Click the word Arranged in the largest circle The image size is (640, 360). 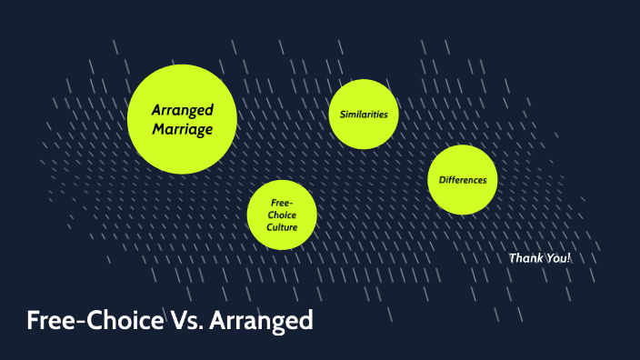183,110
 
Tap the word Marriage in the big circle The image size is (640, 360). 183,130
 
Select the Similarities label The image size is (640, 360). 364,115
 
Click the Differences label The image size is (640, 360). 463,180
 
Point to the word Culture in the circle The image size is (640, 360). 282,226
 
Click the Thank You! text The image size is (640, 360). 540,258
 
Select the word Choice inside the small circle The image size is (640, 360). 282,215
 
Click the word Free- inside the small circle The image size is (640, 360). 282,203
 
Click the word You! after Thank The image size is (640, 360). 557,258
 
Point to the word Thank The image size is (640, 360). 525,258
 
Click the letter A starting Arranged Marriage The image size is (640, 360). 156,110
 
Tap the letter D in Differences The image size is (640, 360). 442,180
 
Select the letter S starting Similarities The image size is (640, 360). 342,115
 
